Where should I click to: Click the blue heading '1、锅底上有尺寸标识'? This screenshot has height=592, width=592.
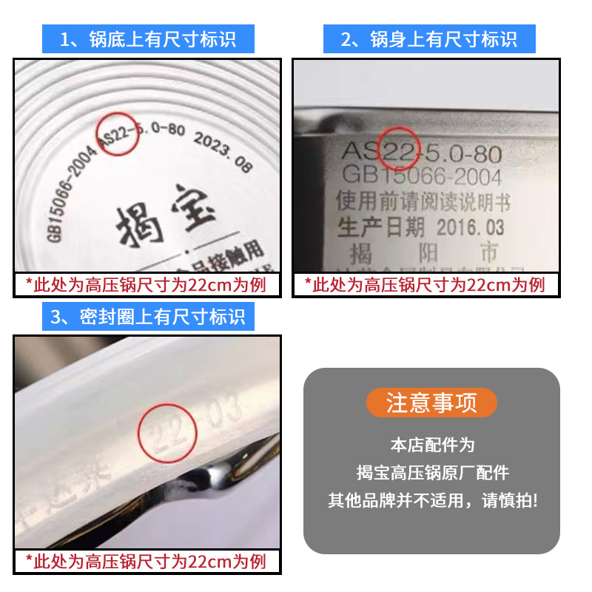tap(148, 38)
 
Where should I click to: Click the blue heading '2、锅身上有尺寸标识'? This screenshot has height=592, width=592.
tap(429, 38)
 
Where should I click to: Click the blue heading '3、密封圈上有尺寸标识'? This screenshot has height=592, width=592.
tap(148, 317)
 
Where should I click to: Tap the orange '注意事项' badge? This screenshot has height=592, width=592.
tap(431, 403)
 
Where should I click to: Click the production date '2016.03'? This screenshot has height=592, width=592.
tap(471, 226)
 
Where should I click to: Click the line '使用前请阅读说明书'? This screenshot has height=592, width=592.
tap(423, 201)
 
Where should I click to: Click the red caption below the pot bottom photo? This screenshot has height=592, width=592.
tap(146, 285)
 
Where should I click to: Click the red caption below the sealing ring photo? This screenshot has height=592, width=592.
tap(146, 561)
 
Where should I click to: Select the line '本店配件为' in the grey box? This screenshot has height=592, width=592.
tap(431, 445)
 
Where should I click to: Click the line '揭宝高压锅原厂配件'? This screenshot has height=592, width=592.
tap(431, 472)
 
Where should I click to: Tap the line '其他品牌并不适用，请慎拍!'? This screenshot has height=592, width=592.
tap(431, 500)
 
